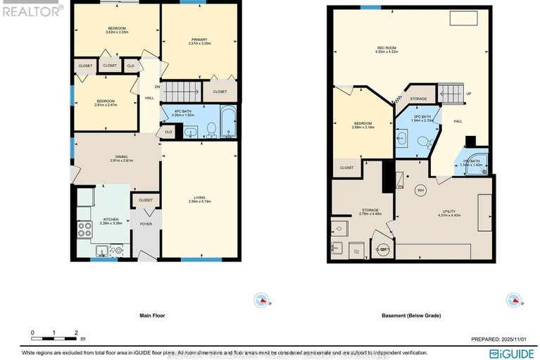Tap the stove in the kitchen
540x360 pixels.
[x=84, y=228]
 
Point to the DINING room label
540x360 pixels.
[x=111, y=158]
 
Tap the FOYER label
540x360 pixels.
[x=146, y=224]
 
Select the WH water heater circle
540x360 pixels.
[x=420, y=190]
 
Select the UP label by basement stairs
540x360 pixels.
[x=468, y=94]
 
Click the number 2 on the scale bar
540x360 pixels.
[x=76, y=332]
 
